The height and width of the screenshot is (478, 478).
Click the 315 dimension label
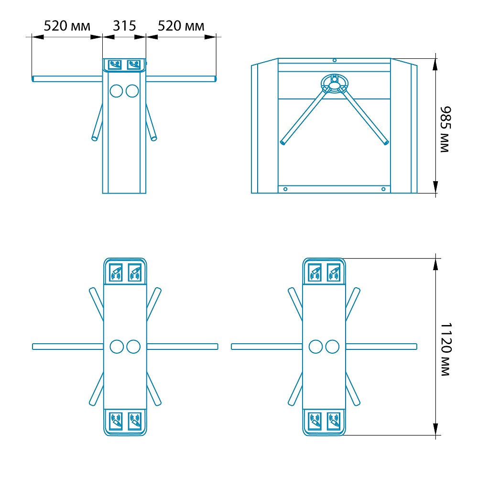tap(124, 26)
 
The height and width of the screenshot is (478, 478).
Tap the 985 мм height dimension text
tap(445, 129)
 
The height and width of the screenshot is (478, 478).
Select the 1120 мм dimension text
tap(445, 349)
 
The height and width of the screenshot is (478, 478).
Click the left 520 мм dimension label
tap(67, 26)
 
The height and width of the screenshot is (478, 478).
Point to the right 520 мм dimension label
tap(181, 26)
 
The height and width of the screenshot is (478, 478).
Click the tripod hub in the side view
tap(335, 82)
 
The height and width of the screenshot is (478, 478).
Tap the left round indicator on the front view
tap(116, 91)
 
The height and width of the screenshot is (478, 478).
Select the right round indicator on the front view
tap(132, 91)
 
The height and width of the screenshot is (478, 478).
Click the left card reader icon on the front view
tap(115, 65)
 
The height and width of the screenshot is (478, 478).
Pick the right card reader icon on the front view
tap(133, 65)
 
